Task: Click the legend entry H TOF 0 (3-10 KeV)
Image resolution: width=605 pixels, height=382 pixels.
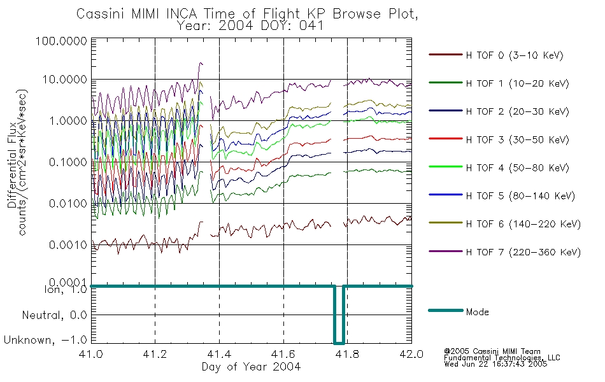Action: [515, 55]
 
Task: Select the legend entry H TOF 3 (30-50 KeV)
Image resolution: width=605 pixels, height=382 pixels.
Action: [517, 139]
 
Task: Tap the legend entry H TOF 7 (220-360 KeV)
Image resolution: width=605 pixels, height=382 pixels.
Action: [523, 252]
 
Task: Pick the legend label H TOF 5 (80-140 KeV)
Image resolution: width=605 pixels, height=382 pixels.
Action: [520, 195]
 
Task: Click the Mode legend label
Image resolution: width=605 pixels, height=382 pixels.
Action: [477, 312]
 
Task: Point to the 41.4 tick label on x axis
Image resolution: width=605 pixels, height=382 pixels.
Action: [219, 354]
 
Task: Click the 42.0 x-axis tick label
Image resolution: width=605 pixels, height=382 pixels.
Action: [411, 354]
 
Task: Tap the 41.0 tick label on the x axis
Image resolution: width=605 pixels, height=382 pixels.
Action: [90, 354]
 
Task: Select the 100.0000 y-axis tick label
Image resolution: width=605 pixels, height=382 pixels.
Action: [61, 41]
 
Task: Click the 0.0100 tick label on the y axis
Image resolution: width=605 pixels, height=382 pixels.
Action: [68, 203]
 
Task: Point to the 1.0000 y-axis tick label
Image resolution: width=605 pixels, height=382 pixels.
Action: [68, 121]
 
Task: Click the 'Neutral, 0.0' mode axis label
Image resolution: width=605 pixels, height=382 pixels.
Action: [54, 315]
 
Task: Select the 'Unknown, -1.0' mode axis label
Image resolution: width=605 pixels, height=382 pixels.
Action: [45, 340]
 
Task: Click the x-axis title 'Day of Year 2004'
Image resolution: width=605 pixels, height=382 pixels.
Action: [251, 367]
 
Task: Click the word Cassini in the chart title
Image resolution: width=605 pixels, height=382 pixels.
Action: [101, 14]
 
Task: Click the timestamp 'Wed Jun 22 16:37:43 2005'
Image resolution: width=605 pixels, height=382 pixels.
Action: [495, 364]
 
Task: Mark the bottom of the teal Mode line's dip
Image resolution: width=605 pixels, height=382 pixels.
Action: [339, 343]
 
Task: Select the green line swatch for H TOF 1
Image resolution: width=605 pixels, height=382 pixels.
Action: [446, 83]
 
